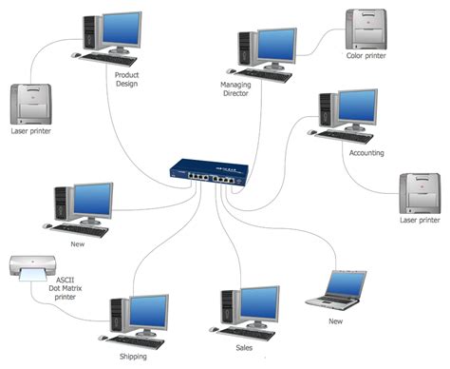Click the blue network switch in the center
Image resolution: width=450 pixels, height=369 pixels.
coord(209,173)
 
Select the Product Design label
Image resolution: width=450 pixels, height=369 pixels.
coord(126,79)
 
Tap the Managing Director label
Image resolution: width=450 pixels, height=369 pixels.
coord(235,89)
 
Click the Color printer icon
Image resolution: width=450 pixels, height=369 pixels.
coord(366,29)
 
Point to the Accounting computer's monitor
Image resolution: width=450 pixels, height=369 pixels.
coord(357,108)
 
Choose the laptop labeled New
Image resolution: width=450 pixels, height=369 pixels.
coord(336,290)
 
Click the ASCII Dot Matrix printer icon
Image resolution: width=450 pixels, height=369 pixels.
coord(32,268)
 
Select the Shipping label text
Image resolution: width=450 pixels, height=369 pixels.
coord(133,357)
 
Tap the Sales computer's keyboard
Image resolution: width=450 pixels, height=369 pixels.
coord(246,334)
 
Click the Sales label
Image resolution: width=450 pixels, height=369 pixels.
coord(244,348)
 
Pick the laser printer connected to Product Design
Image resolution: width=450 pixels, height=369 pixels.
coord(30,104)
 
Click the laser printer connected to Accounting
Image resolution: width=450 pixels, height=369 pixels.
coord(420,193)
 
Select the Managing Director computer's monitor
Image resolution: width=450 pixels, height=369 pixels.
coord(276,49)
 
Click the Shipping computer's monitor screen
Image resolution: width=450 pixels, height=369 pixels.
coord(148,312)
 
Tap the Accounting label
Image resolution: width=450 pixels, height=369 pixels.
coord(366,153)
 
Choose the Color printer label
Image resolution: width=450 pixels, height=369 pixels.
coord(366,56)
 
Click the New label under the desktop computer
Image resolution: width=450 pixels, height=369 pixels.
coord(78,244)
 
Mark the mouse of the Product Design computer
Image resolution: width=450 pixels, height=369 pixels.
coord(75,55)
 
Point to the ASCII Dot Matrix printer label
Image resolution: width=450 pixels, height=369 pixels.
coord(66,288)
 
